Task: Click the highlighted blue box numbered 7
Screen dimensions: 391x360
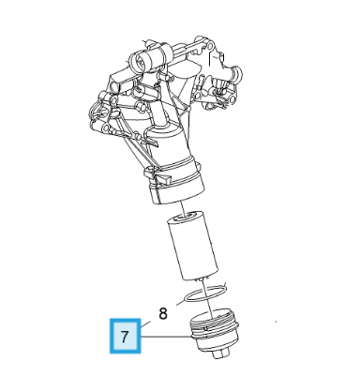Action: click(x=125, y=336)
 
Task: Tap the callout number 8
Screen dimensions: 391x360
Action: click(x=161, y=313)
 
